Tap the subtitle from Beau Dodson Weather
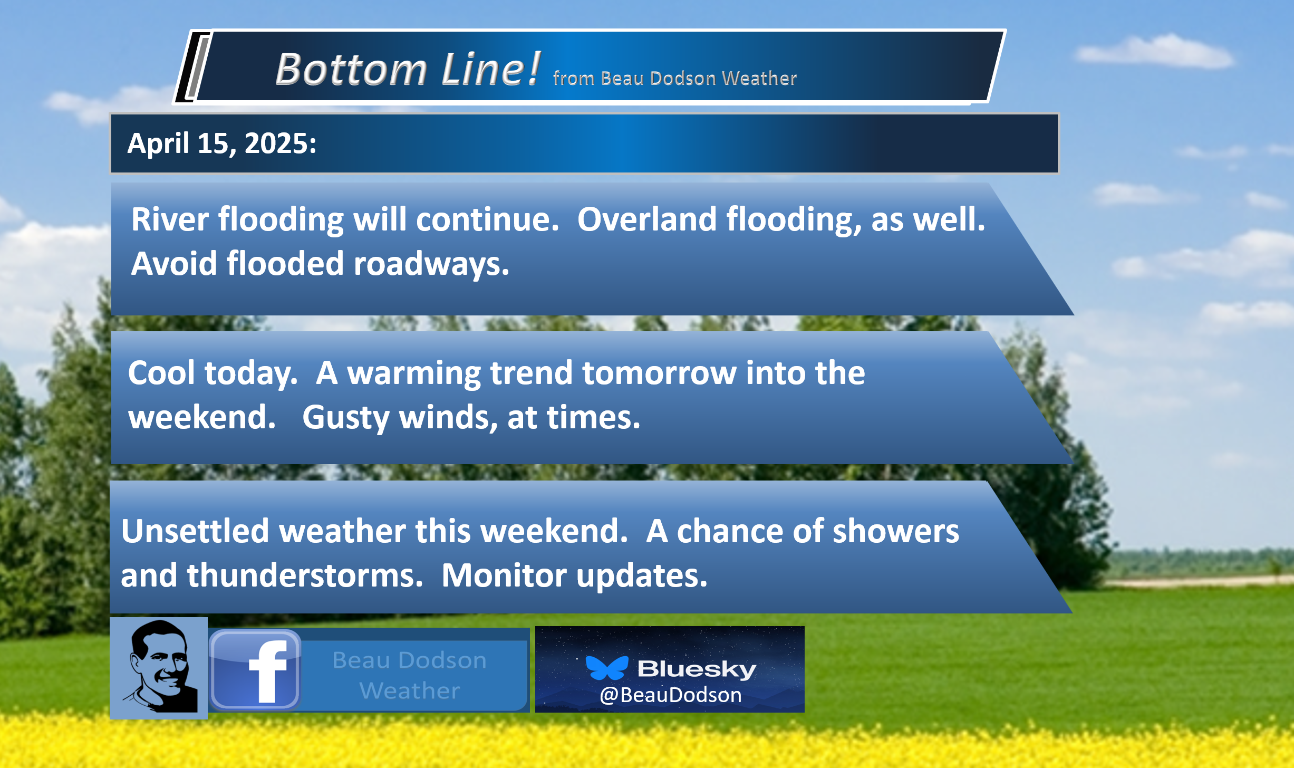674,78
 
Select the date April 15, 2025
221,143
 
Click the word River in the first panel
170,219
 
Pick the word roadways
431,263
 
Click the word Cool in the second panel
161,373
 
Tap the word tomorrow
659,373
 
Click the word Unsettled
195,531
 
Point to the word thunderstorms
305,575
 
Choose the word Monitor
504,575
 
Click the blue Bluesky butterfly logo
607,668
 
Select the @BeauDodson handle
671,695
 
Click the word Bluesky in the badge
697,669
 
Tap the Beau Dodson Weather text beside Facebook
410,675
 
